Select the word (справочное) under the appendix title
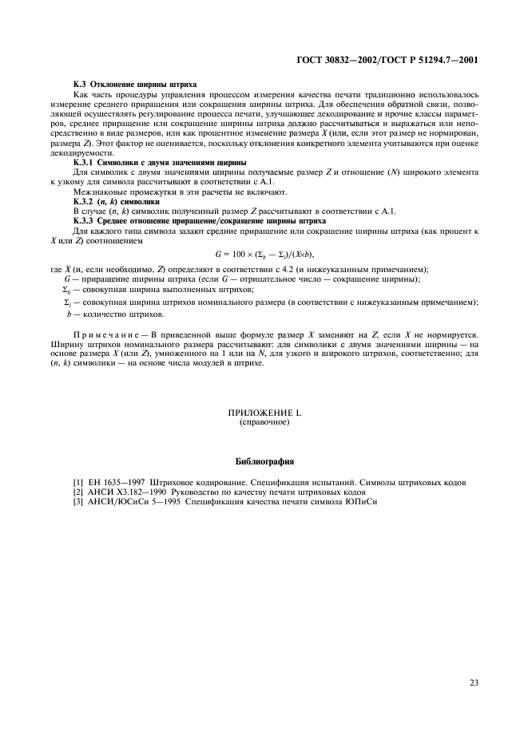(x=264, y=422)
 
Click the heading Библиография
(x=264, y=461)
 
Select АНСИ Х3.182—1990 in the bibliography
(x=126, y=493)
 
